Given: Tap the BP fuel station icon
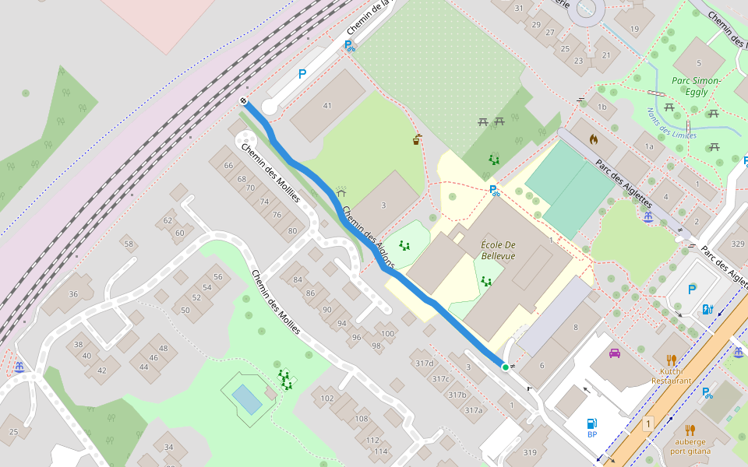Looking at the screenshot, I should (591, 424).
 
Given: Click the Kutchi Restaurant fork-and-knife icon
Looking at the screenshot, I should (671, 360).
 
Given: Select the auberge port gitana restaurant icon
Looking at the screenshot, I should (690, 430).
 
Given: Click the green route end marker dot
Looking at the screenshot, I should (505, 367).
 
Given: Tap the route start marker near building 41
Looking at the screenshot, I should (244, 101).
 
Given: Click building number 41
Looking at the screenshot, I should (327, 106).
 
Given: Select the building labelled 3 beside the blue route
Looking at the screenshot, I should (383, 205).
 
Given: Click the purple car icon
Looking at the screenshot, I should (615, 353).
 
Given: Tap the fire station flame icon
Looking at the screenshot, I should (594, 140).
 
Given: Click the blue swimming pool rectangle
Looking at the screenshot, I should (247, 399).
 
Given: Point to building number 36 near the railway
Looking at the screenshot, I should (73, 293).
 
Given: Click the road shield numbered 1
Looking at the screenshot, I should (647, 424).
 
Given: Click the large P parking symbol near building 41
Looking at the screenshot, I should (302, 75).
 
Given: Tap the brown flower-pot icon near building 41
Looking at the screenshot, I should (418, 140).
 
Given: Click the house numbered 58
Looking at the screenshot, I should (129, 244).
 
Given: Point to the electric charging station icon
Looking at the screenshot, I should (707, 309).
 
